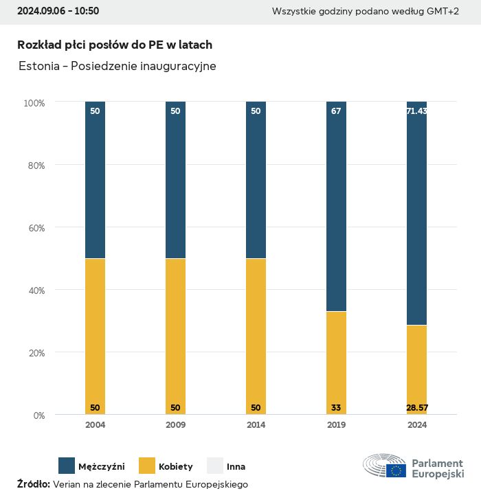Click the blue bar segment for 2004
[95, 180]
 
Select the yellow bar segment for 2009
[175, 336]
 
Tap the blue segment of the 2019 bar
[336, 206]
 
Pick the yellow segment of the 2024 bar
[416, 369]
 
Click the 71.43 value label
[416, 111]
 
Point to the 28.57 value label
[416, 408]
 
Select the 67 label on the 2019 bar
[336, 111]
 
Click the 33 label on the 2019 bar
[336, 408]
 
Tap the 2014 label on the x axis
[256, 425]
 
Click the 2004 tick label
[95, 425]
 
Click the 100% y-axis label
[34, 103]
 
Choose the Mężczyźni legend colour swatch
[67, 466]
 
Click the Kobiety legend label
[176, 466]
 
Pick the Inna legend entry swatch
[215, 466]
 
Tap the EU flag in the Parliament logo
[396, 470]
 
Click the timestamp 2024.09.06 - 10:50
[58, 11]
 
